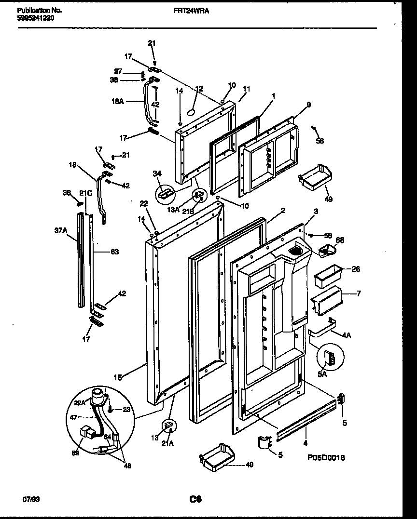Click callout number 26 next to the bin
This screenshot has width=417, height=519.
point(355,269)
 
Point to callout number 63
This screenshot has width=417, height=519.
point(114,252)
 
